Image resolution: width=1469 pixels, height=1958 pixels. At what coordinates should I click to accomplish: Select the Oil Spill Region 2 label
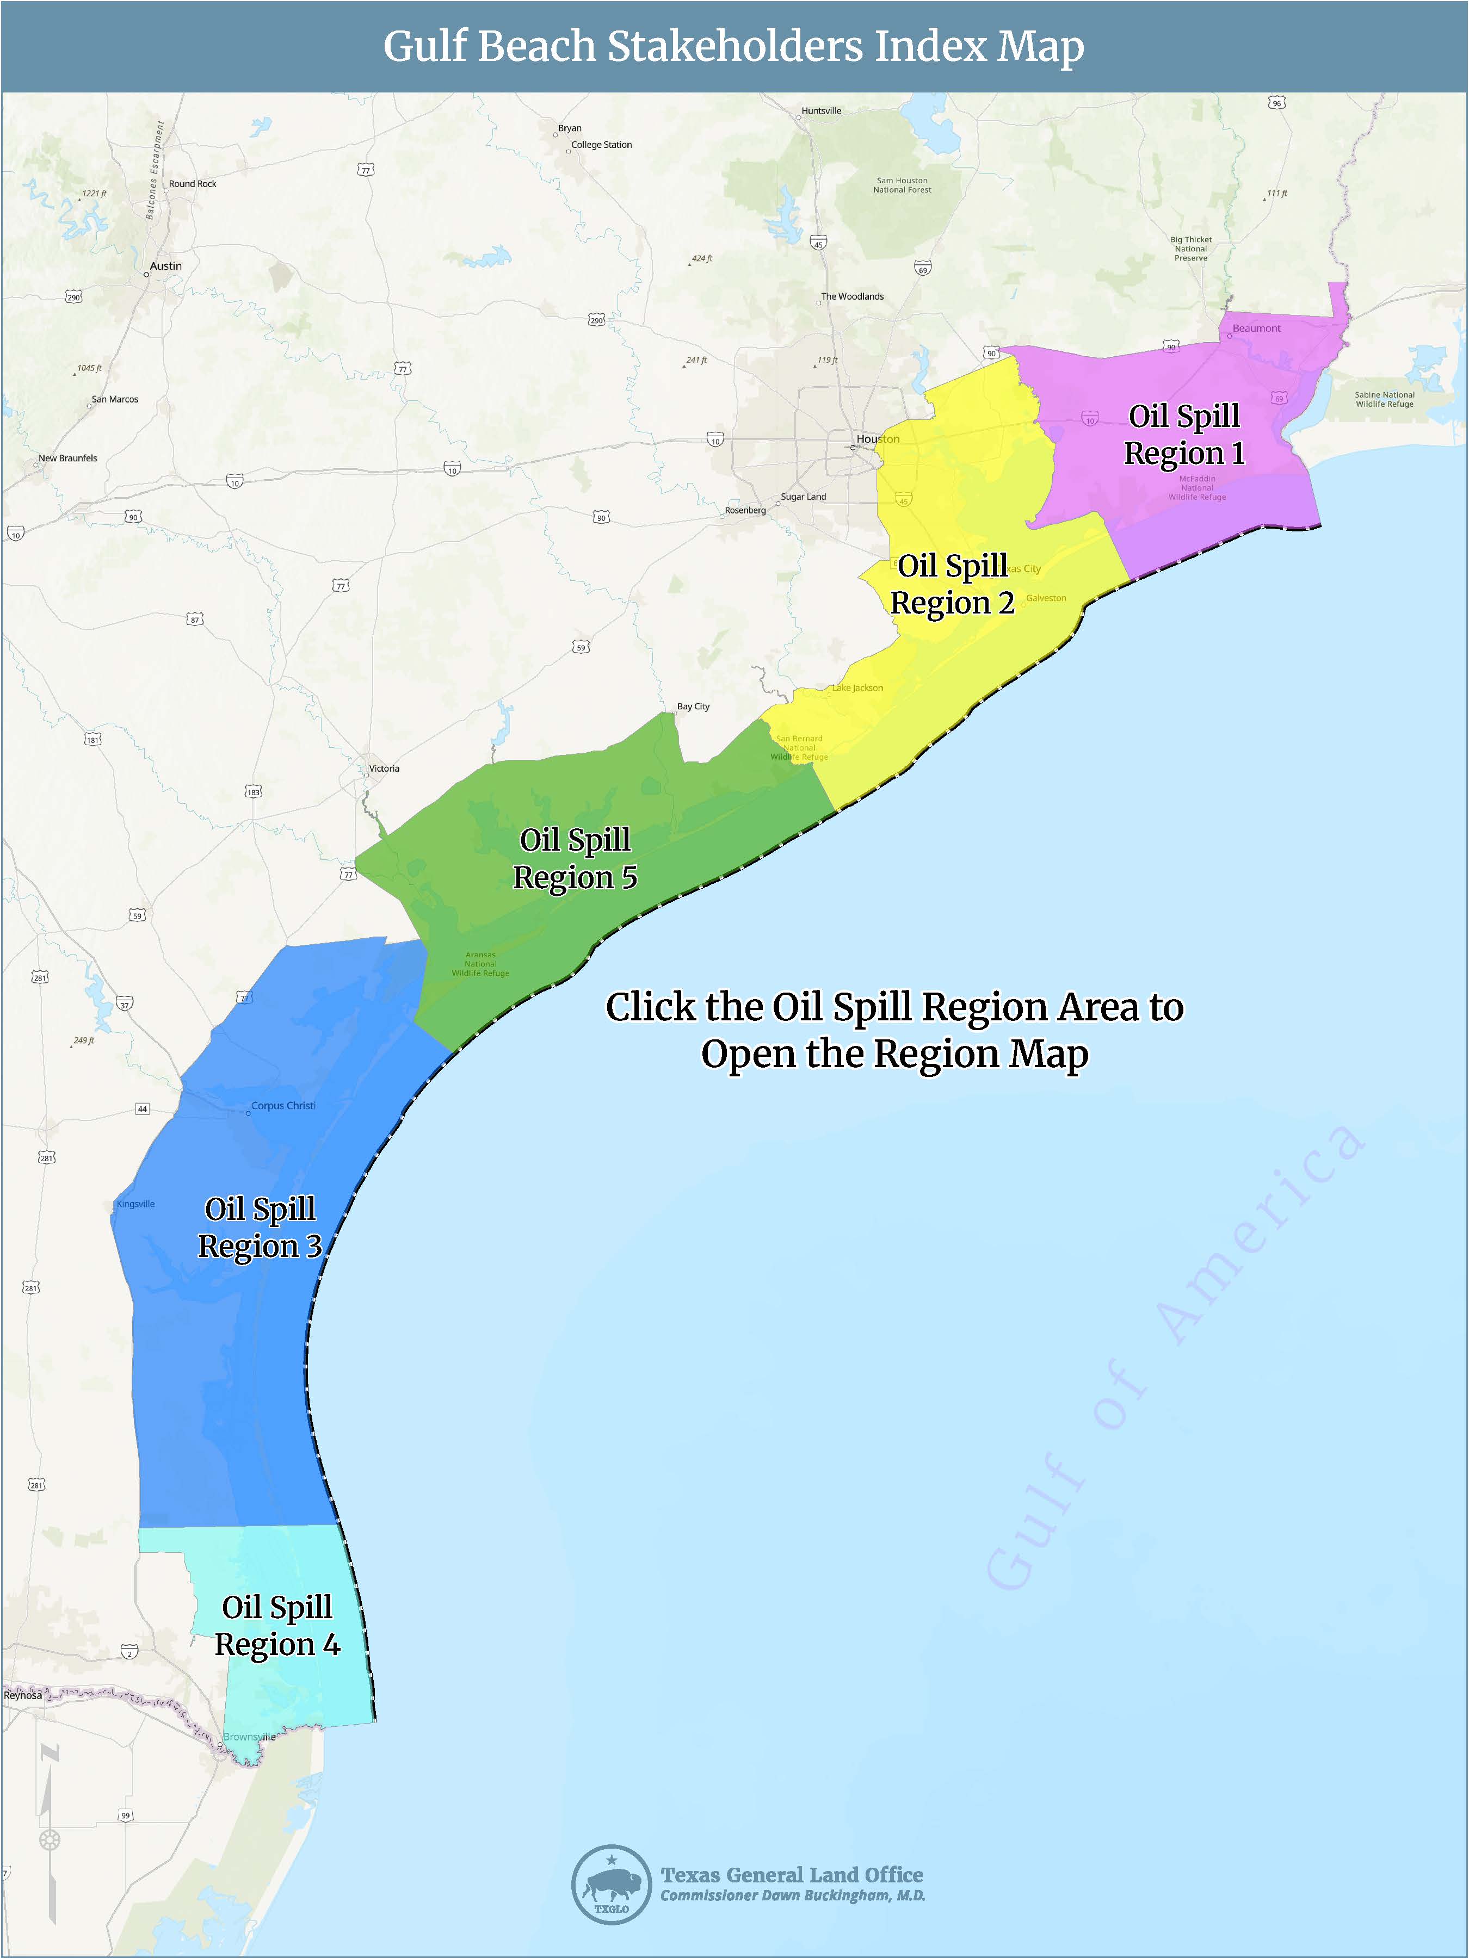click(x=952, y=584)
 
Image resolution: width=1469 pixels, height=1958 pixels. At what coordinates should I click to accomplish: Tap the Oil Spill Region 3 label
click(x=260, y=1227)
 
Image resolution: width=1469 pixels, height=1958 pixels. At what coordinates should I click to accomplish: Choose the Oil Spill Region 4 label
click(x=277, y=1625)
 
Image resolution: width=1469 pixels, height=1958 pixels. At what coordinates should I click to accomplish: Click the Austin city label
click(x=165, y=265)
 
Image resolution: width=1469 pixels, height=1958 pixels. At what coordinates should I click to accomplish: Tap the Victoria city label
click(x=384, y=769)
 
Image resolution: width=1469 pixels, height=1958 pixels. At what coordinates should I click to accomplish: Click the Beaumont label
click(x=1256, y=329)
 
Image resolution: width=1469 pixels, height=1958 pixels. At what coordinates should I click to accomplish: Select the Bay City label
click(x=693, y=707)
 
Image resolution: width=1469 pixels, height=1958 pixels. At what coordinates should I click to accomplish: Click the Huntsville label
click(x=821, y=110)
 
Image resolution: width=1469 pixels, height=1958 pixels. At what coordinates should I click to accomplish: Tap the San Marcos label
click(x=115, y=399)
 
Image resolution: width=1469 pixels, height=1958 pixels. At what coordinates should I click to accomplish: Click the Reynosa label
click(x=22, y=1695)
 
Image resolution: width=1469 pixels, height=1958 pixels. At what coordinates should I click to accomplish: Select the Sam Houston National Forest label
click(x=902, y=185)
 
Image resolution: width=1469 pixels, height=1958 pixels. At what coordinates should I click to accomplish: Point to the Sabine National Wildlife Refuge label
click(x=1384, y=399)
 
